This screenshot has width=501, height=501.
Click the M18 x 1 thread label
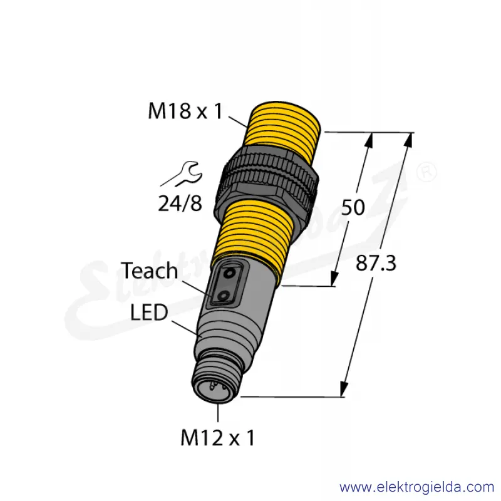coord(185,111)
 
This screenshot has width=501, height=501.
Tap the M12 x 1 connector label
coord(217,438)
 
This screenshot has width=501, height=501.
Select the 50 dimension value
coord(353,207)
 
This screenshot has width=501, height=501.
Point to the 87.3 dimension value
coord(376,263)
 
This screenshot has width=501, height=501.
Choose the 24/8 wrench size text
coord(180,204)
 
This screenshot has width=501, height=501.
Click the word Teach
coord(149,271)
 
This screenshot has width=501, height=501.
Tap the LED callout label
coord(149,312)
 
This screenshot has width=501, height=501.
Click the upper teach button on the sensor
coord(229,274)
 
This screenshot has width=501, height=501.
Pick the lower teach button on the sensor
coord(223,296)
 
